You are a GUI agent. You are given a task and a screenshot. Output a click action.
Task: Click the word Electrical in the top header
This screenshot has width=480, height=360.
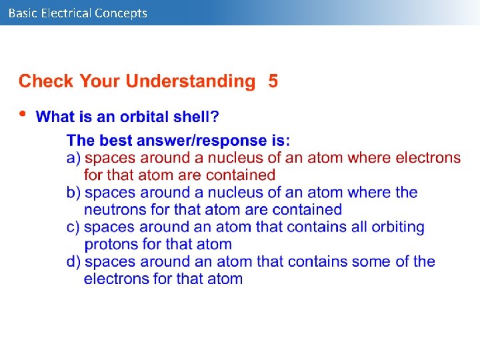point(65,13)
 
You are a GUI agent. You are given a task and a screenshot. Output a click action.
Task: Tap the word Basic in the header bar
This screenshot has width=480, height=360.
point(23,13)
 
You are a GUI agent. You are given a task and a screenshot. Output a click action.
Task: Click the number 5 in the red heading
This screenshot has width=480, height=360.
point(273,81)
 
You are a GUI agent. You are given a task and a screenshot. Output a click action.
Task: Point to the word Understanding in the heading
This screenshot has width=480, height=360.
point(190,81)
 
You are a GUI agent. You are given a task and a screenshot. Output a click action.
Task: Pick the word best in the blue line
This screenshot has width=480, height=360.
point(110,141)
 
